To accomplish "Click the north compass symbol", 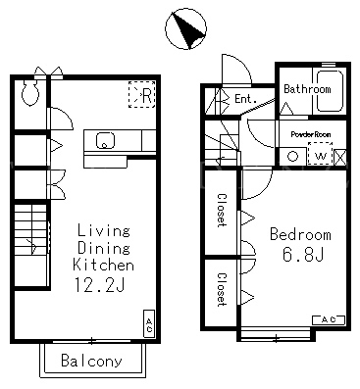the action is [185, 29].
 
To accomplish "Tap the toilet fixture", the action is [30, 92].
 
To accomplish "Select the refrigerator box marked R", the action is [141, 94].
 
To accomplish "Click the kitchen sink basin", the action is [105, 140].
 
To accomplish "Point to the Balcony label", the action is [91, 361].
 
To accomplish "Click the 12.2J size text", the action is [99, 284].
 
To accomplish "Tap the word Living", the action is [104, 230].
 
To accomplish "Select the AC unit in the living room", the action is [149, 323].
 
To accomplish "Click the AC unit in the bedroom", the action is [329, 320].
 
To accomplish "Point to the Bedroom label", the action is [300, 234].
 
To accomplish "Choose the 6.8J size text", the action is [303, 255].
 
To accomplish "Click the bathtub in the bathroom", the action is [330, 90].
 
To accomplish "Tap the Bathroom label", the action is [307, 89].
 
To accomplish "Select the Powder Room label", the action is [311, 134].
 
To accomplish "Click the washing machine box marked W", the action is [320, 154].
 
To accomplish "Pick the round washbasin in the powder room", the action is [292, 157].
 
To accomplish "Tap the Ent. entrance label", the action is [245, 99].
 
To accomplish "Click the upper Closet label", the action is [222, 211].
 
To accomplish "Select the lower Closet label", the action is [222, 290].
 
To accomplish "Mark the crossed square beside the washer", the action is [340, 157].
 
